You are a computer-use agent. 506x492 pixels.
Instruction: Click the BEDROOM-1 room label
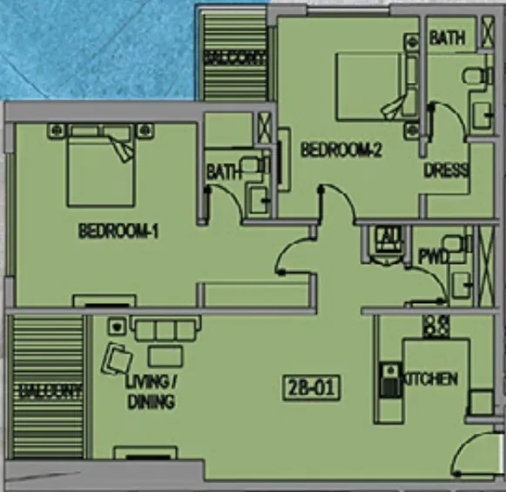[x=118, y=232]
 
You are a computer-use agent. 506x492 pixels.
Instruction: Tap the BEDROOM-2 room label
[x=342, y=150]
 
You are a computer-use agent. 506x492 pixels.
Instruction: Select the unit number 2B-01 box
[x=311, y=387]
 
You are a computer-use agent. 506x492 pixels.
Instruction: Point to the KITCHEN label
[x=430, y=379]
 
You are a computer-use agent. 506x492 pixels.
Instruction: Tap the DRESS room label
[x=447, y=170]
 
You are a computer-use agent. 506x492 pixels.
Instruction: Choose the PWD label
[x=433, y=257]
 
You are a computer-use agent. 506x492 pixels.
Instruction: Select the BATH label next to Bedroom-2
[x=447, y=38]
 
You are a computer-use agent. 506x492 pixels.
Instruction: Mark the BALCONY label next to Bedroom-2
[x=234, y=57]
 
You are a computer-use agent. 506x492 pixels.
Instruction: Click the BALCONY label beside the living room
[x=49, y=392]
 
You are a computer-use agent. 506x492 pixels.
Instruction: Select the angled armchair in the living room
[x=118, y=359]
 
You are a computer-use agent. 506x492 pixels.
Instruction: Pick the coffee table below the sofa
[x=165, y=355]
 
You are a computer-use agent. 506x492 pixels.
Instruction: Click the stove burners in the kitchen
[x=435, y=327]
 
